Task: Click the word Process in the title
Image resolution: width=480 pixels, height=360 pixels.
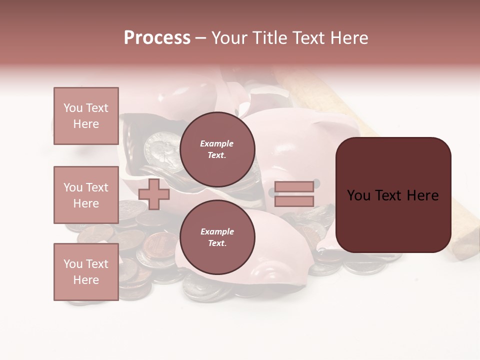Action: point(157,38)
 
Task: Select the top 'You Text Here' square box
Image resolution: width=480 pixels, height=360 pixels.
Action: point(86,116)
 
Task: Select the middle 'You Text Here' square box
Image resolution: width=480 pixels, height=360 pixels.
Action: point(86,195)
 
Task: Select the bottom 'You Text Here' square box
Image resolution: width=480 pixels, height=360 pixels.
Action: point(86,272)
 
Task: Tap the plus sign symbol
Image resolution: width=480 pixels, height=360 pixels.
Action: point(154,194)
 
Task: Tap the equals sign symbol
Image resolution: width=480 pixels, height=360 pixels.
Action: point(294,194)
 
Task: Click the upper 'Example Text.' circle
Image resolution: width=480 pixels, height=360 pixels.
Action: point(217,149)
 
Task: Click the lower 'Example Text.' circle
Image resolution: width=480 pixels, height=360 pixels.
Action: point(217,237)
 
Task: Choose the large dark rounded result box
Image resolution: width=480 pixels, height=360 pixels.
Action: point(393,195)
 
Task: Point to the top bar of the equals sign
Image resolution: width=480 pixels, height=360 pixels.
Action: point(294,187)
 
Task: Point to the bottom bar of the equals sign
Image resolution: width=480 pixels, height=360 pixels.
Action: point(294,201)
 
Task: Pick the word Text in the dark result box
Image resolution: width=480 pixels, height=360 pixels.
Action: point(393,195)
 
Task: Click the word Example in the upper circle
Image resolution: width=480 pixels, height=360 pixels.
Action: point(217,144)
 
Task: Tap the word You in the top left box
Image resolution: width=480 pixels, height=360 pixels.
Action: point(73,108)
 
